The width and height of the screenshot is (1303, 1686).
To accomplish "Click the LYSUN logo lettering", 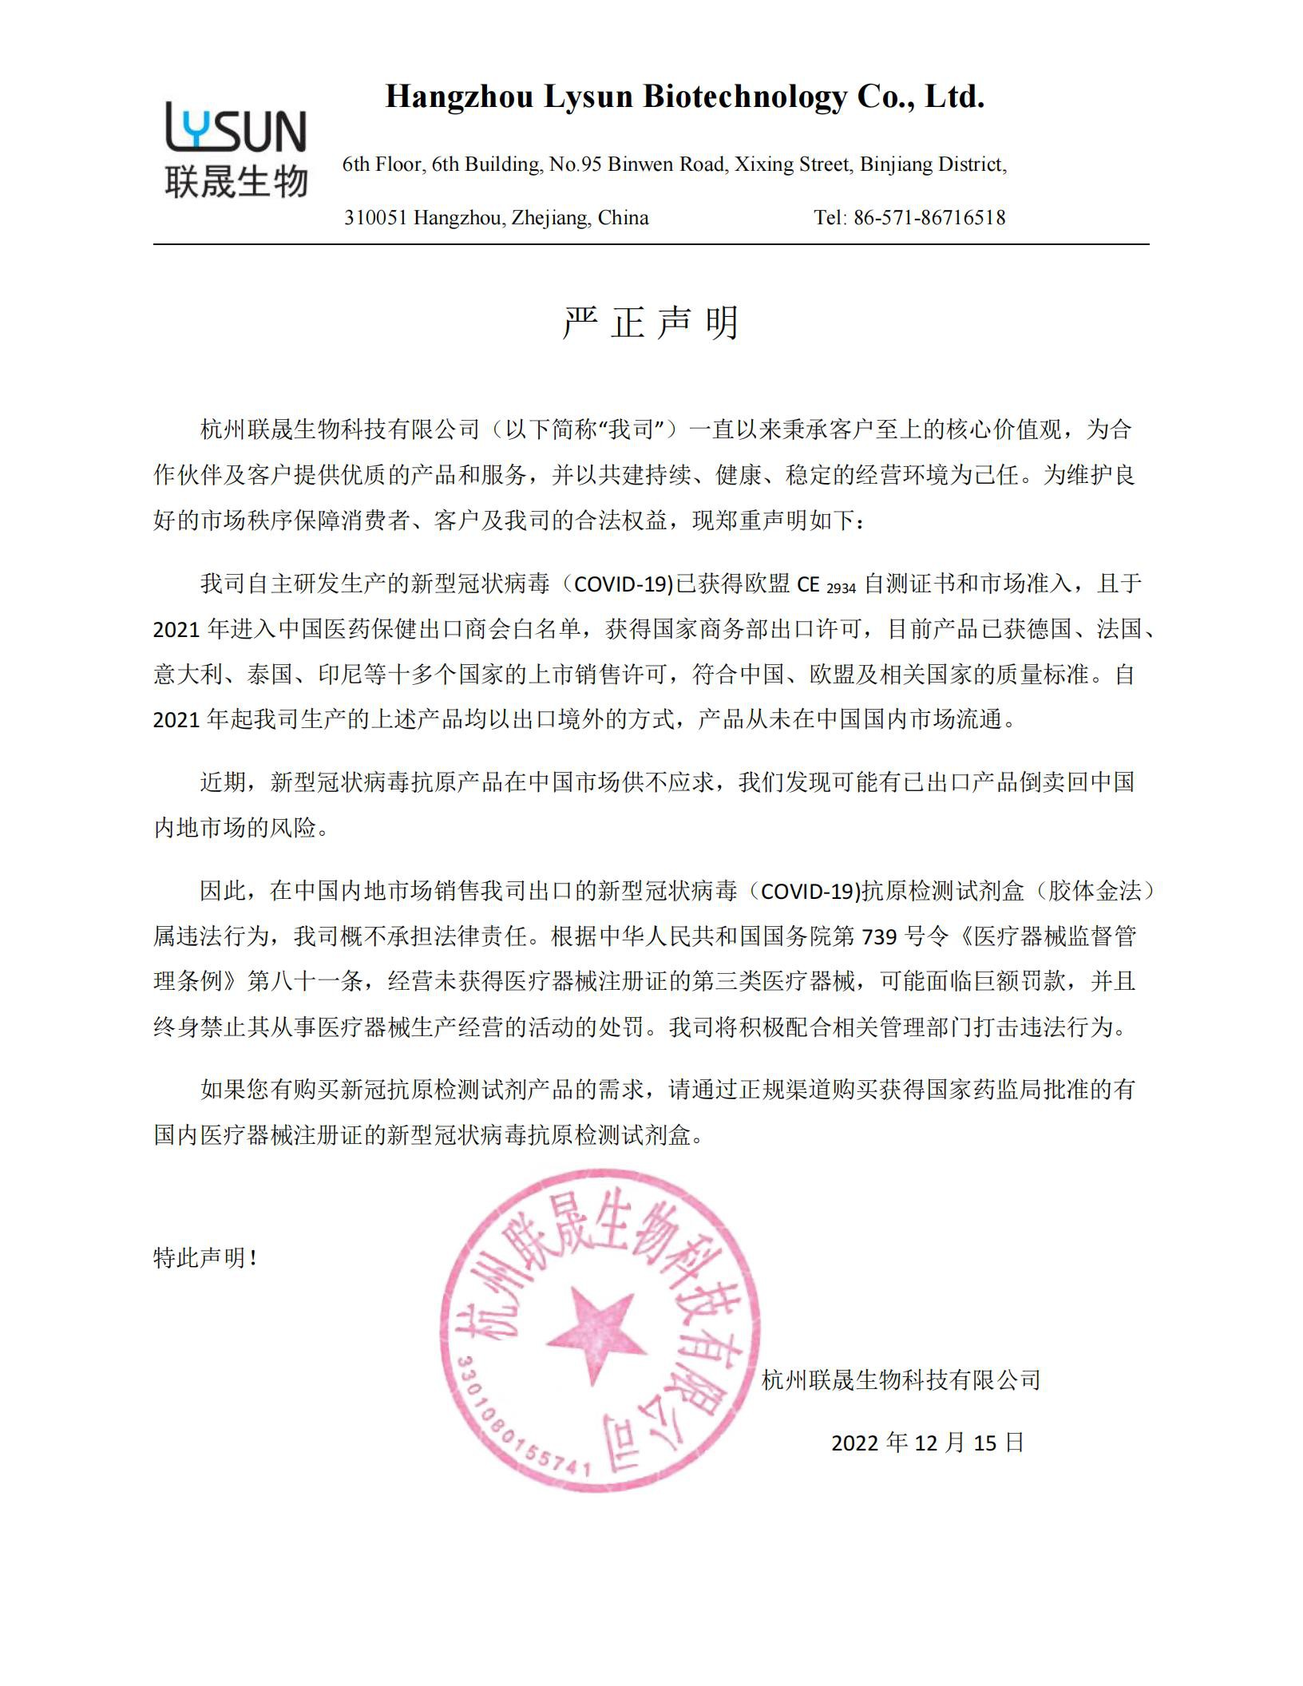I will [236, 128].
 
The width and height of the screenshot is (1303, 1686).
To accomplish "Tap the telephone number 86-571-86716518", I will [929, 217].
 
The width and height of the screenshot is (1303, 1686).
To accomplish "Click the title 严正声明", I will [651, 323].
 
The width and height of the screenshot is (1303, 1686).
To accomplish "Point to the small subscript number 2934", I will [840, 588].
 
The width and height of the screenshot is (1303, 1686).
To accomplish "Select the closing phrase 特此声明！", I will [205, 1259].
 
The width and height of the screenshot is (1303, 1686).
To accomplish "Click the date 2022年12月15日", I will [928, 1443].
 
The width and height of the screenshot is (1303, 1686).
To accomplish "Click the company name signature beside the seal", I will [901, 1379].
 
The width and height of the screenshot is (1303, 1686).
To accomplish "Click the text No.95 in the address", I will [575, 164].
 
